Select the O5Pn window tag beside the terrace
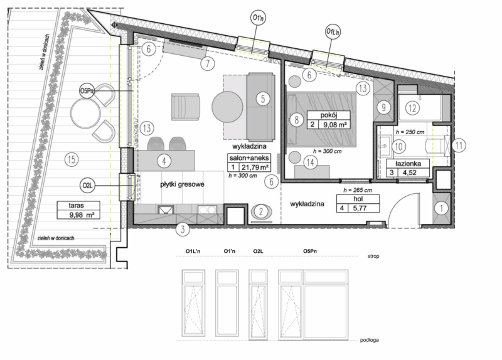tap(88, 92)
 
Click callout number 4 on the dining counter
tap(164, 161)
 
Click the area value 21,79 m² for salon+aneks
tap(255, 168)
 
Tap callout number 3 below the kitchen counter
tap(181, 229)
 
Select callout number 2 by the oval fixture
tap(259, 213)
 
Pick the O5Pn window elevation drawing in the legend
tap(314, 304)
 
